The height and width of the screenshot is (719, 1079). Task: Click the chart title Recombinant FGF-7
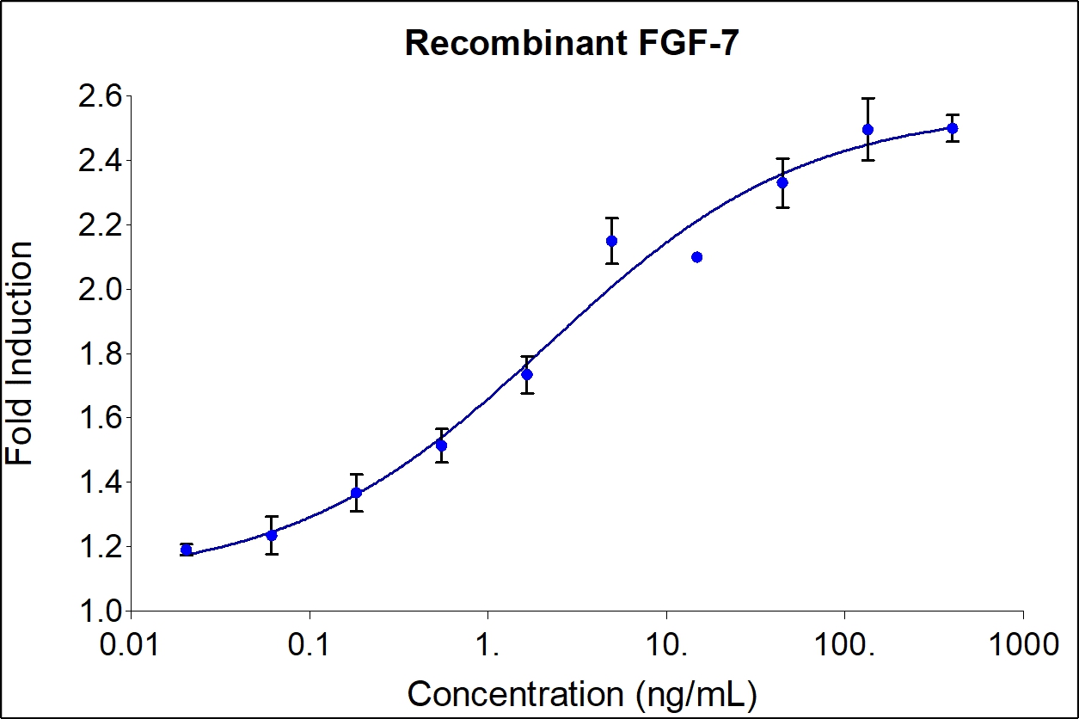(x=571, y=43)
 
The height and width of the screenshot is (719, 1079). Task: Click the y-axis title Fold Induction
(x=21, y=353)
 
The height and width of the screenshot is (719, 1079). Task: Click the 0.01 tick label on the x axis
(x=131, y=645)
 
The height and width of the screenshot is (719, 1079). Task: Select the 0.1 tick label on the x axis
(x=310, y=645)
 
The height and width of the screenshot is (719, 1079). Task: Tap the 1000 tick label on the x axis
(x=1022, y=645)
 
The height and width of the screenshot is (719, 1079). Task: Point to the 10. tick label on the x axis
(x=666, y=645)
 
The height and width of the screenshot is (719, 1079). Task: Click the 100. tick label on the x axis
(x=845, y=645)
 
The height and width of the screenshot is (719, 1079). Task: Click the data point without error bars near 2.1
(x=696, y=257)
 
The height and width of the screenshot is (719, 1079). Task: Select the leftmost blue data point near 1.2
(x=187, y=550)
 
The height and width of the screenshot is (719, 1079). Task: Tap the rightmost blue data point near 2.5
(x=952, y=128)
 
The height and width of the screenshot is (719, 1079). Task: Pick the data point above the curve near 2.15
(x=611, y=241)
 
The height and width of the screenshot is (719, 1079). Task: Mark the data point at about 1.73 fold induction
(x=527, y=374)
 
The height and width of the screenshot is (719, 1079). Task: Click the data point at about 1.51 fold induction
(x=441, y=446)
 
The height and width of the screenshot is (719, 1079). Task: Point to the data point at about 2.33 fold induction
(x=782, y=182)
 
